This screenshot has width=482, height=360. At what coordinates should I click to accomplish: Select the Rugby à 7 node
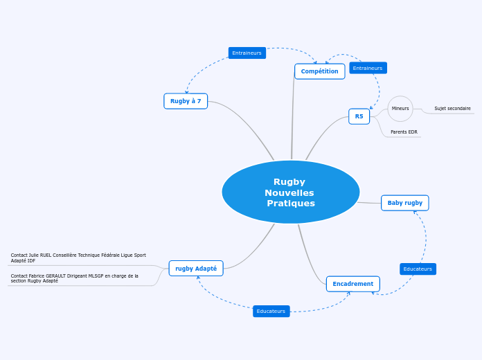[186, 101]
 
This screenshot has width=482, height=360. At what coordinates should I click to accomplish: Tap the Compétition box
[319, 71]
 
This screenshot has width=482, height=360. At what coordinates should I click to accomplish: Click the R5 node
[359, 116]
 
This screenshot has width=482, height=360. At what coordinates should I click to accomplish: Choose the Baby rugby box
[404, 203]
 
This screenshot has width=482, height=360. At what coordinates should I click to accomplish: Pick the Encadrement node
[352, 284]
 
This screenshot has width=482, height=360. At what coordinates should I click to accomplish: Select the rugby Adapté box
[196, 269]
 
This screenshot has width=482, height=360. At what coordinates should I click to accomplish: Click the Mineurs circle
[400, 109]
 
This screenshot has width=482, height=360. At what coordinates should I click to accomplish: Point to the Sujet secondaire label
[452, 109]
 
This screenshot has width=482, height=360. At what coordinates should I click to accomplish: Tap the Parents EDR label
[404, 132]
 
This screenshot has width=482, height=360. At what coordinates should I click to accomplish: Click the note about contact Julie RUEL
[78, 258]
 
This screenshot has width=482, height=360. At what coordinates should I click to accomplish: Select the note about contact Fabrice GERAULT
[75, 278]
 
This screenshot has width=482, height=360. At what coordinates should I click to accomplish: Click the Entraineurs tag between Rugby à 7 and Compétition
[247, 53]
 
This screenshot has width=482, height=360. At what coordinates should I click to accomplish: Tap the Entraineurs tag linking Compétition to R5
[368, 68]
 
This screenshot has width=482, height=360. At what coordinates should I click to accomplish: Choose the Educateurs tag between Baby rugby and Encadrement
[418, 269]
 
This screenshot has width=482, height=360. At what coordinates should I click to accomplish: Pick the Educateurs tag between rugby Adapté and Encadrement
[271, 312]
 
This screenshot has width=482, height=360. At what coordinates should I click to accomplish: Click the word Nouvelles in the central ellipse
[289, 192]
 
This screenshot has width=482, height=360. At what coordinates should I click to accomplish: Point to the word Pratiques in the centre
[291, 204]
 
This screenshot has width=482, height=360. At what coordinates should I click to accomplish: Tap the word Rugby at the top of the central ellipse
[289, 182]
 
